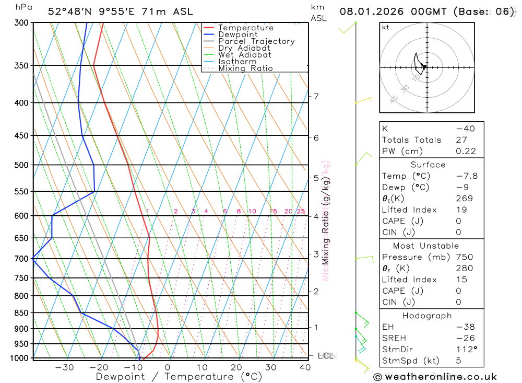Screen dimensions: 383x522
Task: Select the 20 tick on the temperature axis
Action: coord(236,367)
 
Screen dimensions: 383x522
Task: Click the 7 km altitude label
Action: coord(316,96)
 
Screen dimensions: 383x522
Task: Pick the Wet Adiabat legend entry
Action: coord(244,55)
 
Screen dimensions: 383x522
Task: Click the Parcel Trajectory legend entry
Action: coord(256,41)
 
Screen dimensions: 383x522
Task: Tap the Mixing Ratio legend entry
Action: coord(245,68)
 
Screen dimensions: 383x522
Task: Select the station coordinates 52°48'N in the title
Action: coord(68,11)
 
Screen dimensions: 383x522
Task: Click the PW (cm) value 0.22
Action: coord(466,151)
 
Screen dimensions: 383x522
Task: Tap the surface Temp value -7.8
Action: coord(466,176)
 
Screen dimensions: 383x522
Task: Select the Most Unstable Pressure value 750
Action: coord(464,257)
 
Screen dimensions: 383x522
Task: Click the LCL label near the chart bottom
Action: coord(325,356)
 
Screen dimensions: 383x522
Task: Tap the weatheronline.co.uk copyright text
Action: coord(435,377)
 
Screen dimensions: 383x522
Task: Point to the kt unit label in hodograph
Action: coord(386,27)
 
